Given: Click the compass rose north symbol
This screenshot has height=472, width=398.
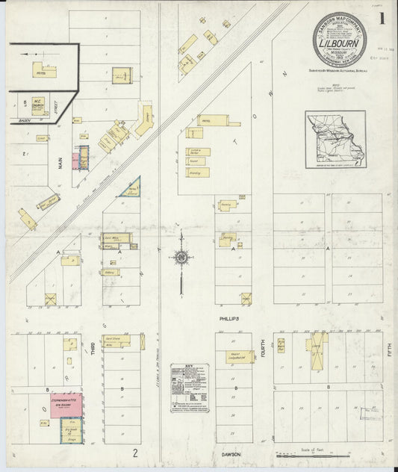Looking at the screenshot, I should tap(181, 258).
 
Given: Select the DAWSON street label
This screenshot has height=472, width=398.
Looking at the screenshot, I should tap(230, 451).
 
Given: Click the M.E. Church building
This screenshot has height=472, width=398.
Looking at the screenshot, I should tap(37, 104).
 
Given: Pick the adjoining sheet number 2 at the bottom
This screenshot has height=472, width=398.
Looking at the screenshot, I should tap(135, 453).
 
